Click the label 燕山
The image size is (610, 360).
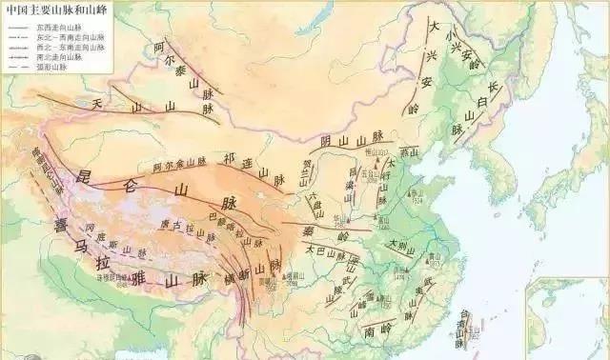409,151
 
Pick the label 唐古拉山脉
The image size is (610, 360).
182,227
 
